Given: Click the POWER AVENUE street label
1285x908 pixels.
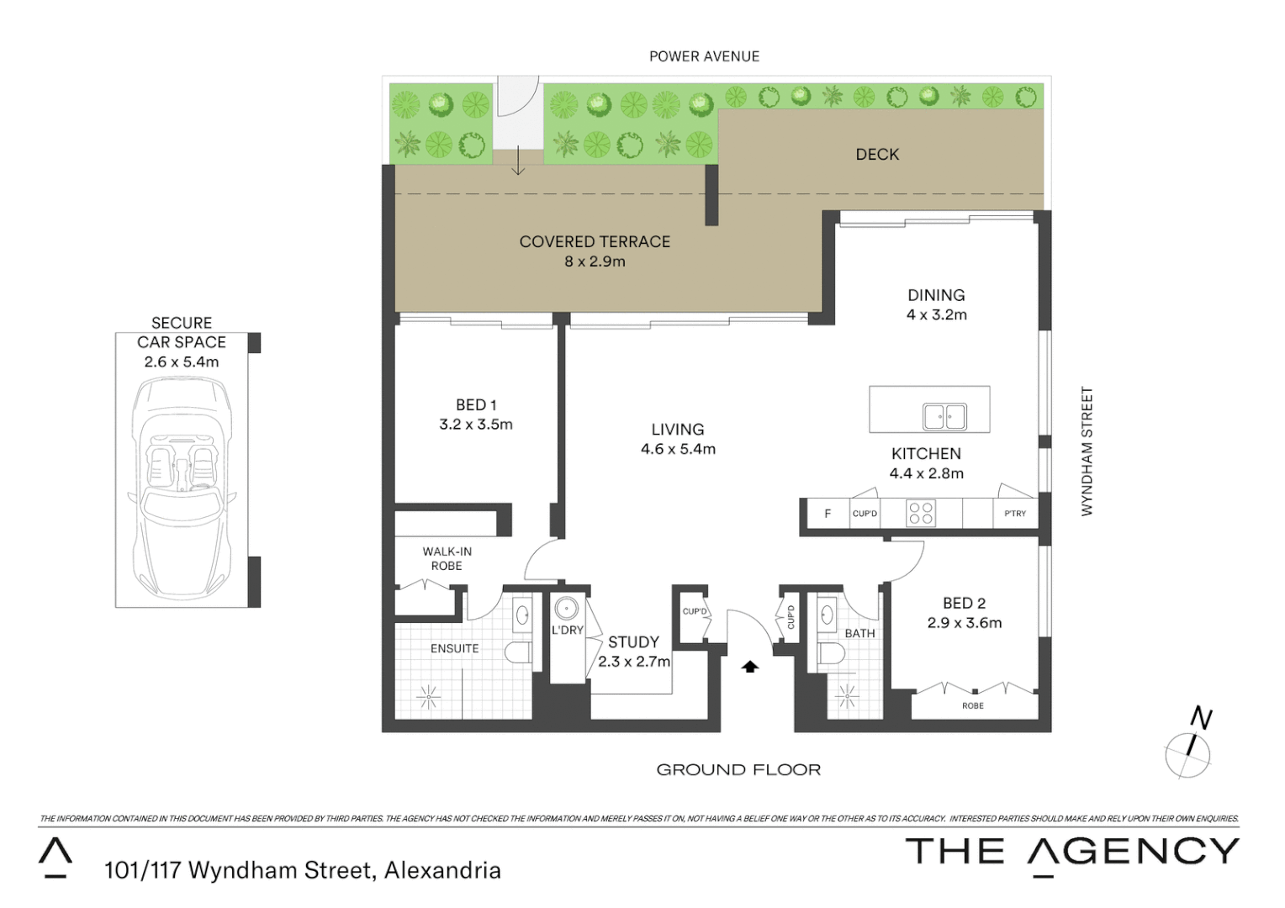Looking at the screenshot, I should (x=704, y=56).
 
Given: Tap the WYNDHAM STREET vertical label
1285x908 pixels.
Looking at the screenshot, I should (x=1087, y=451).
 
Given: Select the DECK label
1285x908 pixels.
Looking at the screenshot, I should (x=877, y=155).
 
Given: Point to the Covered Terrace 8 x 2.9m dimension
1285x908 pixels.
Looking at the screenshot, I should (x=595, y=261).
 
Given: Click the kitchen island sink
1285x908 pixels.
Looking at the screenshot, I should (x=944, y=416).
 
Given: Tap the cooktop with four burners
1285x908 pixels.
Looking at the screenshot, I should (x=921, y=513).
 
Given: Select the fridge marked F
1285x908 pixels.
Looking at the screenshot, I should (x=828, y=514).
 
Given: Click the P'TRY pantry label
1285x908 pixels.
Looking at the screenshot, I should (x=1015, y=514).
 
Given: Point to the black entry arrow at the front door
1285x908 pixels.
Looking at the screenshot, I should (x=750, y=667).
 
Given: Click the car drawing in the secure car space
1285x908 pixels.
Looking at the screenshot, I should (x=181, y=488).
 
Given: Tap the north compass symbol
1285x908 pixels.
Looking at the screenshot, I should (x=1188, y=749).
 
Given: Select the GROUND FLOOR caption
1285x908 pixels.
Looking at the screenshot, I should (x=738, y=769).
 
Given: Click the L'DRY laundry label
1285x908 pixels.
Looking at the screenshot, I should (x=568, y=631).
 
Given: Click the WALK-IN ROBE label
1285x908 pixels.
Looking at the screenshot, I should (x=447, y=559).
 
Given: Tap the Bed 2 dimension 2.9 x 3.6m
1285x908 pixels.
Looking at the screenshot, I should (x=964, y=623).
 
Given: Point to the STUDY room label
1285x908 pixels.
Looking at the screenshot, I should (x=633, y=641).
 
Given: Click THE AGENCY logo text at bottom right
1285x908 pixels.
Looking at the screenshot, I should (x=1071, y=852).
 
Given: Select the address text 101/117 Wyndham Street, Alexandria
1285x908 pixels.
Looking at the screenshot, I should (x=303, y=870).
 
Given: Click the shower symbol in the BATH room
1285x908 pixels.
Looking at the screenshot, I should (x=847, y=695).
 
